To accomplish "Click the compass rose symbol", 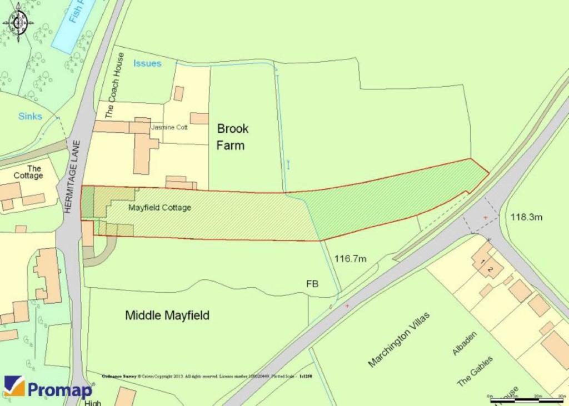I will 18,22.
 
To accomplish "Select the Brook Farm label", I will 233,137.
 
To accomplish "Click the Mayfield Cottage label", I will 159,208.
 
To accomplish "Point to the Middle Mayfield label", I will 167,315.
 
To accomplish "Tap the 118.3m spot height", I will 526,217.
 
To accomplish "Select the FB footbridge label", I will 312,284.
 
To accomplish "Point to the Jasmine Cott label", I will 169,127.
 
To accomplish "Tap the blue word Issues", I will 147,63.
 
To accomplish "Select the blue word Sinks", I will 30,116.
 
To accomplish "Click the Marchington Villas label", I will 398,339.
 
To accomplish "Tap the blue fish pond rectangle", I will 72,25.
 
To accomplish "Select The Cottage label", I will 29,172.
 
